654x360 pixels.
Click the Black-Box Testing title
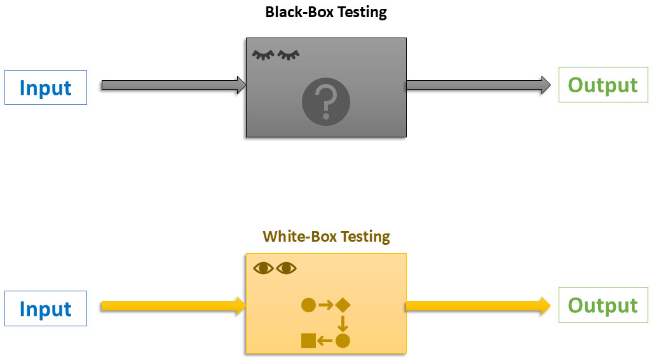326,12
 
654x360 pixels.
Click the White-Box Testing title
326,237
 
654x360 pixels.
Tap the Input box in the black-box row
46,87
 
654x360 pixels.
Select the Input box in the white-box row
46,308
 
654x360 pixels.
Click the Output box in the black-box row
603,85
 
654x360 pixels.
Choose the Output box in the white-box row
603,305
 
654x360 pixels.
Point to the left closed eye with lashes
263,55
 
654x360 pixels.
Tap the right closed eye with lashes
289,55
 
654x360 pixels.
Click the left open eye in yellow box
263,268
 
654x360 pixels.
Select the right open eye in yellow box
287,268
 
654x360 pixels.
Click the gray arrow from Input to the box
174,85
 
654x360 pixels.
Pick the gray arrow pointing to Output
478,85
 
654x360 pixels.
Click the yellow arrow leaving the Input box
173,306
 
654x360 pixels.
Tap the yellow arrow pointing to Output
478,306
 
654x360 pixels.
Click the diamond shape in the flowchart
343,305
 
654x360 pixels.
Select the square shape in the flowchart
309,341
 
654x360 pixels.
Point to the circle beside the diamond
309,305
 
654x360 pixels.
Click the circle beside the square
343,341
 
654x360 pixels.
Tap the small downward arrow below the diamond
343,323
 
